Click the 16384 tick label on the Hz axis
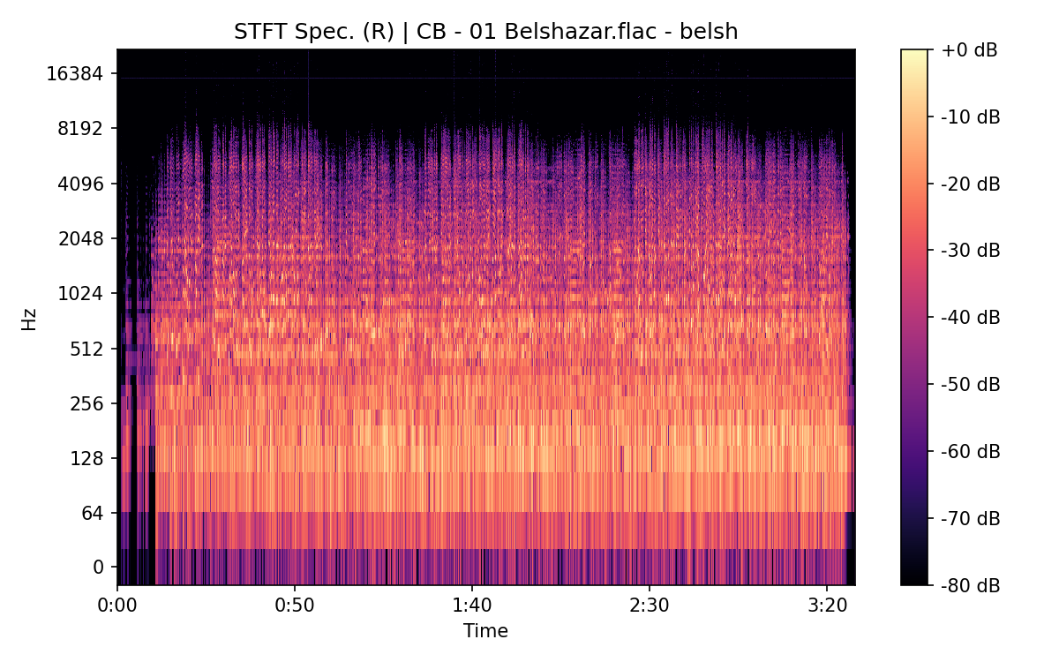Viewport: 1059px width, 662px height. [x=75, y=74]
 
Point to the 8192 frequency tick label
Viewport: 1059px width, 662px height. [x=80, y=129]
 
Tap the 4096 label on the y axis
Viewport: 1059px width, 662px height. [x=80, y=184]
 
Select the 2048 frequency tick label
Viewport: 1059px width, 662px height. [x=80, y=239]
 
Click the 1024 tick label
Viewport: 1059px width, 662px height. [x=80, y=294]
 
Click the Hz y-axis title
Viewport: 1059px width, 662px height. [x=29, y=320]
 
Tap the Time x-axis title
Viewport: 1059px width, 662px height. [x=485, y=631]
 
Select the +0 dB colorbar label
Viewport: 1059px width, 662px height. [x=969, y=50]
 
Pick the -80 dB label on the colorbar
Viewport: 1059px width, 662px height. [x=969, y=584]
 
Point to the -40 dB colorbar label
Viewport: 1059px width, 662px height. [x=969, y=318]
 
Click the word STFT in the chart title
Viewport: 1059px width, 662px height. [x=257, y=32]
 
